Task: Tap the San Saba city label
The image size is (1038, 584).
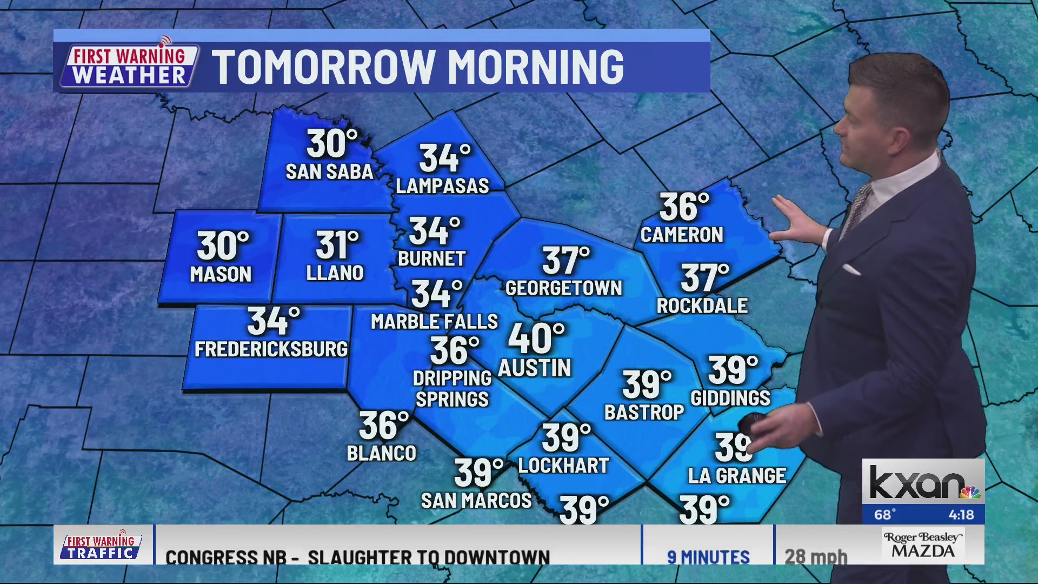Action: pyautogui.click(x=329, y=172)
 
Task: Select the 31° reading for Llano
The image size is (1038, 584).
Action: pyautogui.click(x=337, y=245)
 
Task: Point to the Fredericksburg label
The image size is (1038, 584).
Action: pyautogui.click(x=271, y=349)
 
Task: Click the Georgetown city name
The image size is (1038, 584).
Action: pyautogui.click(x=563, y=288)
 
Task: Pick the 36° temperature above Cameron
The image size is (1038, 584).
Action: pyautogui.click(x=683, y=207)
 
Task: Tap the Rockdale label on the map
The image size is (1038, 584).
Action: pyautogui.click(x=702, y=306)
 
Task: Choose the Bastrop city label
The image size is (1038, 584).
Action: pyautogui.click(x=644, y=413)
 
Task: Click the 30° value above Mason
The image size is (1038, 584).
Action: pyautogui.click(x=222, y=246)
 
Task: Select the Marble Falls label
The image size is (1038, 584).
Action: pyautogui.click(x=434, y=322)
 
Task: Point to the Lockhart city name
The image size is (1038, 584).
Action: pyautogui.click(x=563, y=466)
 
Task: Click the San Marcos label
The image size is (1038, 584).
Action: pyautogui.click(x=476, y=501)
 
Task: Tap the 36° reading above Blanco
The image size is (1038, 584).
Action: pyautogui.click(x=383, y=426)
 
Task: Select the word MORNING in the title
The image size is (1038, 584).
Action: pyautogui.click(x=535, y=67)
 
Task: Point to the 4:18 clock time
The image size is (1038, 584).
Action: pyautogui.click(x=961, y=515)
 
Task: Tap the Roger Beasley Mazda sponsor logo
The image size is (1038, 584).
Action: pyautogui.click(x=923, y=545)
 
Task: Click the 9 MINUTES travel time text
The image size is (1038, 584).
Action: pyautogui.click(x=708, y=557)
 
